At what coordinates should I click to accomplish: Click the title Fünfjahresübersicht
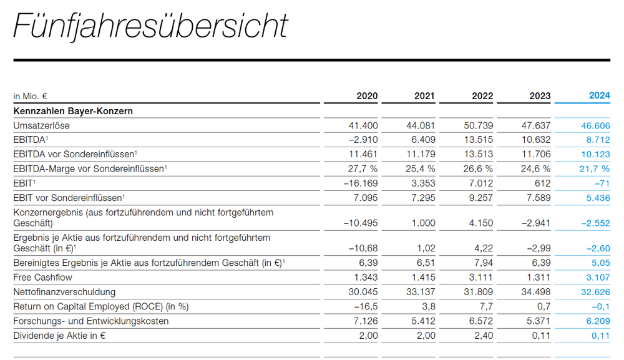150,26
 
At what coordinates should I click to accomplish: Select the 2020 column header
367,95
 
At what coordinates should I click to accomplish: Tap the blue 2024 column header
600,95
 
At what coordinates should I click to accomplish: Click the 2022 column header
482,95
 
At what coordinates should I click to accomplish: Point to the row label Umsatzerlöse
41,125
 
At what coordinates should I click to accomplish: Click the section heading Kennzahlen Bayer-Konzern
73,111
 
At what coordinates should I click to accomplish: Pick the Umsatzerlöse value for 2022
479,125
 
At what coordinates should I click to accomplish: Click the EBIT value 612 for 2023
542,183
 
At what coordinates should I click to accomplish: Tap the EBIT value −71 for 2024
602,183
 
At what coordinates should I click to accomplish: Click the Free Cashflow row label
42,277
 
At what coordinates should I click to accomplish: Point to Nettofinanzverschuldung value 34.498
537,292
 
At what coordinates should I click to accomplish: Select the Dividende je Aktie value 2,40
483,336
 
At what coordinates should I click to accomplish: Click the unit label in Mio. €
31,96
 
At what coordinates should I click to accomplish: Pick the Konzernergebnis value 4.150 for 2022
480,223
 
